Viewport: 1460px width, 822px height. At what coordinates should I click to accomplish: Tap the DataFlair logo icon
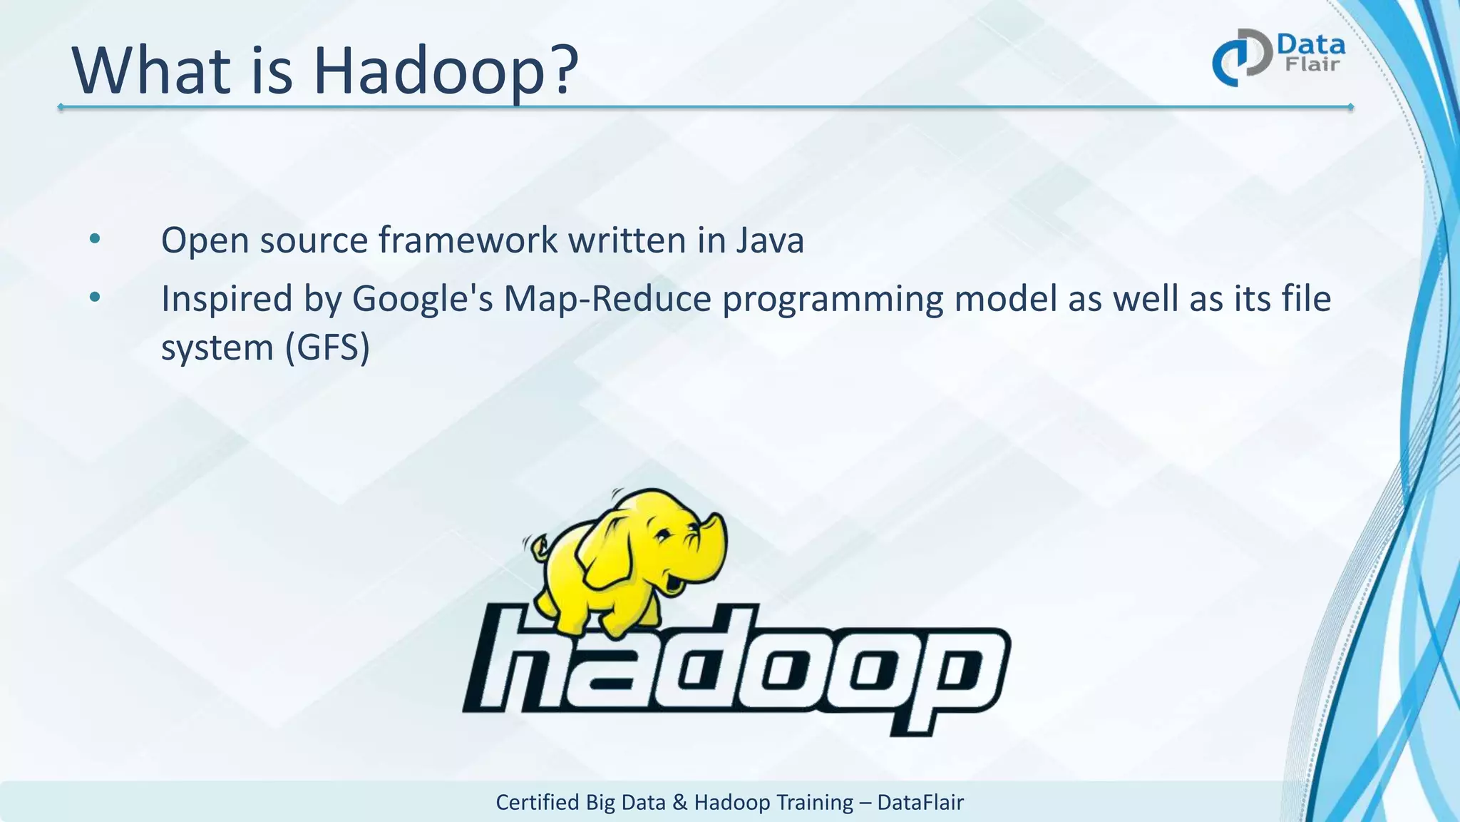[1241, 58]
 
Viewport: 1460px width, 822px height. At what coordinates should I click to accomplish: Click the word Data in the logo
[1311, 45]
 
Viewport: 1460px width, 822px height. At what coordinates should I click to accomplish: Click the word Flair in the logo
[1312, 65]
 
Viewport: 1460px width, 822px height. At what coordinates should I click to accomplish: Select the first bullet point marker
[95, 239]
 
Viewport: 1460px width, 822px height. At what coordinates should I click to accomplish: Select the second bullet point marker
[95, 298]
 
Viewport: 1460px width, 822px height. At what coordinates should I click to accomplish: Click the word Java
[770, 240]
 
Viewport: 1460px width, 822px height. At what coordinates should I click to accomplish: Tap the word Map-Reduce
[607, 298]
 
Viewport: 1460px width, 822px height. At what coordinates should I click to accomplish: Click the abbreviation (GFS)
[327, 347]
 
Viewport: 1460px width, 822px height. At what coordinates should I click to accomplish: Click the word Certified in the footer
[537, 802]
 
